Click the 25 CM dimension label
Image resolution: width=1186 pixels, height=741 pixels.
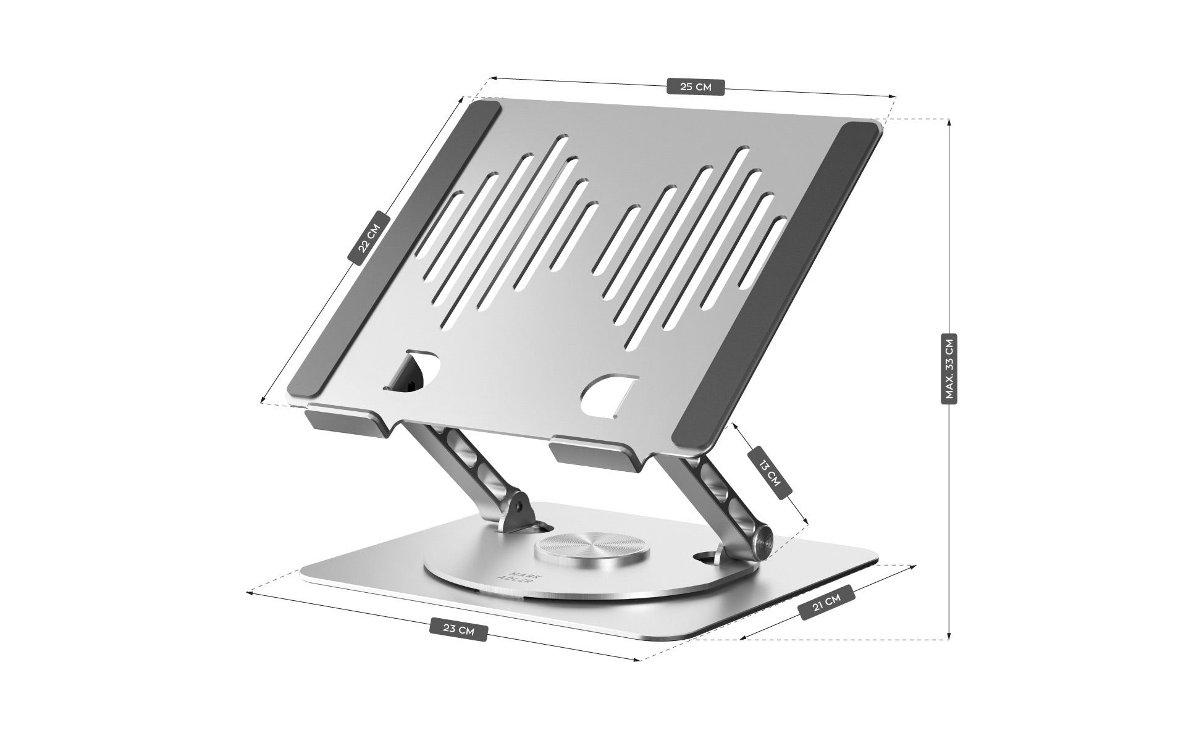(x=696, y=87)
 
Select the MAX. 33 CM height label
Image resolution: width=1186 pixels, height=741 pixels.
(x=949, y=369)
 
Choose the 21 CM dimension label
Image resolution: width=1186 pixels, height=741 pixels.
(x=826, y=602)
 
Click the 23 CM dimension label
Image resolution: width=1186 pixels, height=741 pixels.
(x=459, y=630)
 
